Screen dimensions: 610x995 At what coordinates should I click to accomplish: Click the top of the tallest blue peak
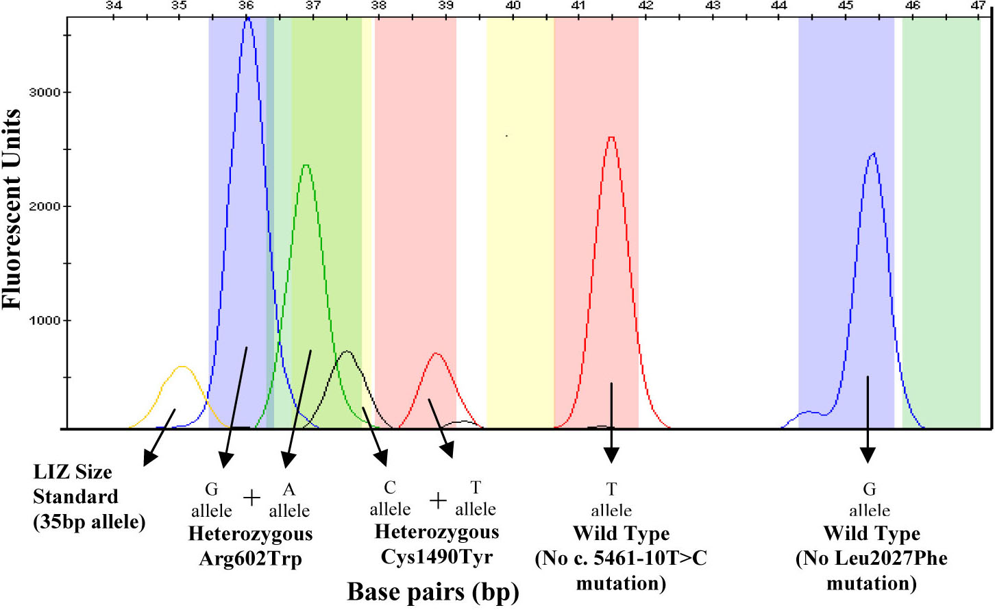tap(247, 18)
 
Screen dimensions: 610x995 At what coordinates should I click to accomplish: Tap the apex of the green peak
tap(306, 165)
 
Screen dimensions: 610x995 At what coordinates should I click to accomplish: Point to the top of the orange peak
tap(182, 367)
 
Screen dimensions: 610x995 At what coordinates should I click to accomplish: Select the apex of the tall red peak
tap(611, 137)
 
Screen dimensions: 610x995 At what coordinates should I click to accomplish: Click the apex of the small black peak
tap(347, 352)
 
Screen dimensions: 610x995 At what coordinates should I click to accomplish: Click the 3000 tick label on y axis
tap(45, 93)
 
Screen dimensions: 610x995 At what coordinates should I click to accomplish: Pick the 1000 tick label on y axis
tap(45, 321)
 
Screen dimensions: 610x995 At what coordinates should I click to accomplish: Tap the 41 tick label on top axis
tap(578, 5)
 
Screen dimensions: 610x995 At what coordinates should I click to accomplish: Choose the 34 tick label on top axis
tap(113, 5)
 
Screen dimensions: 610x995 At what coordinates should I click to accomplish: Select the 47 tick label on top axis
tap(977, 5)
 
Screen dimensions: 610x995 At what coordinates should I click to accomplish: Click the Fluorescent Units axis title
tap(12, 209)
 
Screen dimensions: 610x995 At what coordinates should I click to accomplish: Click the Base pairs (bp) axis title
tap(433, 591)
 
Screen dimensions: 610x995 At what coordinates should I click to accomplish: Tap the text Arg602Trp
tap(250, 559)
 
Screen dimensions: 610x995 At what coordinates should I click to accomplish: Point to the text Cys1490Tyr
tap(437, 557)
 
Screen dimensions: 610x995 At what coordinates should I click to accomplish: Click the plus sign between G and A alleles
tap(251, 498)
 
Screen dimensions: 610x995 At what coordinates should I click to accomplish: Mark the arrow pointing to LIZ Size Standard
tap(159, 438)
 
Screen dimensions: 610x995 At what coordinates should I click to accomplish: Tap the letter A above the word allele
tap(289, 489)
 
